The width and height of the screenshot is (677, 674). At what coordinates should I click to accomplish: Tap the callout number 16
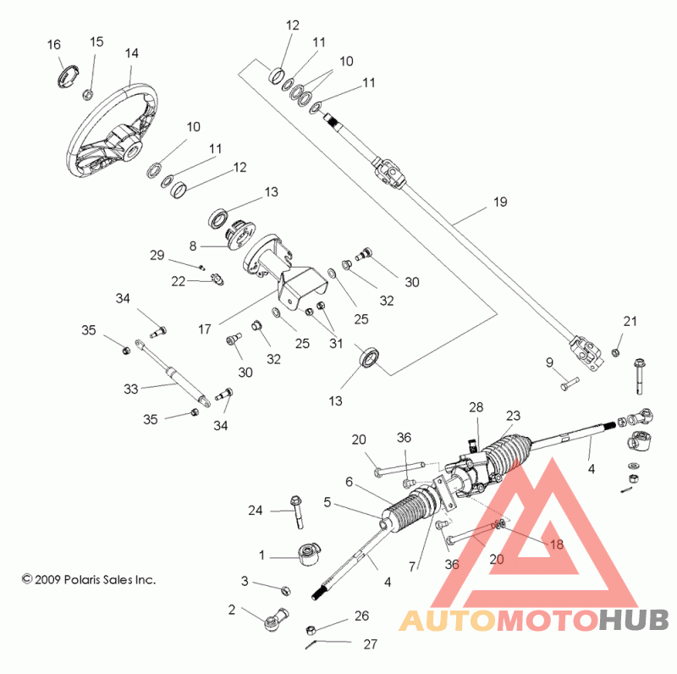tap(54, 45)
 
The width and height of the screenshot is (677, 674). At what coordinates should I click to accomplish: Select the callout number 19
tap(500, 202)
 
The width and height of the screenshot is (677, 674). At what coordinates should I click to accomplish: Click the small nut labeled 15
tap(87, 94)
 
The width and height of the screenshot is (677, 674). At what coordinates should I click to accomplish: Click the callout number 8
tap(193, 246)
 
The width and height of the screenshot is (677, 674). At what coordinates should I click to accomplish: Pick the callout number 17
tap(205, 329)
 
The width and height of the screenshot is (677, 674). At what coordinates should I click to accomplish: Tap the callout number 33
tap(131, 389)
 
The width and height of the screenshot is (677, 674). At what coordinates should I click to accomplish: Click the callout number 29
tap(157, 255)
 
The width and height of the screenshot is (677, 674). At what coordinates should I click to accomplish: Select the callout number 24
tap(256, 511)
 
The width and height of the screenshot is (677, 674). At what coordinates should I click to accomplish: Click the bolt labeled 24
tap(298, 512)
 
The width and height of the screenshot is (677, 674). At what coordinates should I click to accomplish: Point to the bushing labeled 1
tap(310, 555)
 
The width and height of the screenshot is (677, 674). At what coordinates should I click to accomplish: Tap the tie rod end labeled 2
tap(276, 620)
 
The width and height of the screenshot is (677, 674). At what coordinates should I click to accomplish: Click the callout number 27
tap(371, 644)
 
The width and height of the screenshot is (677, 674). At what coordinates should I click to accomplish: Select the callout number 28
tap(476, 407)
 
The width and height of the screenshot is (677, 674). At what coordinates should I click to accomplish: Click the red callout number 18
tap(557, 544)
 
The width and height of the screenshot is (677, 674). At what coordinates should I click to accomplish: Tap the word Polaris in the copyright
tap(81, 579)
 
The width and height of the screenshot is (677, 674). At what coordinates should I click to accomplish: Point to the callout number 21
tap(630, 321)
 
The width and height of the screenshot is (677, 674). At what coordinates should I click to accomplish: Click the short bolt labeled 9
tap(570, 384)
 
